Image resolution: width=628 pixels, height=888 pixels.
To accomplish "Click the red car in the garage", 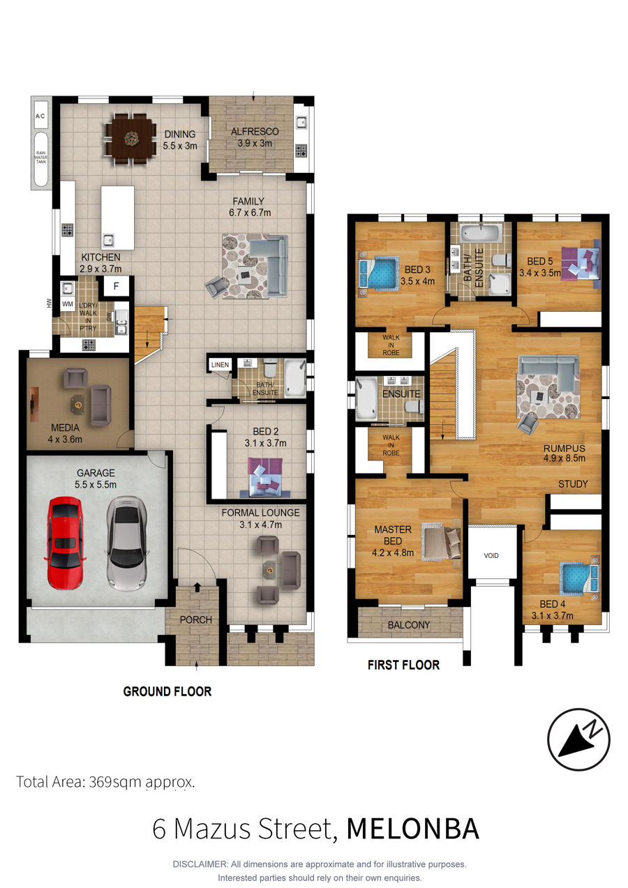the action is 66,542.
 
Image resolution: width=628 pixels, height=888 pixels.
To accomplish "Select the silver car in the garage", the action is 126,543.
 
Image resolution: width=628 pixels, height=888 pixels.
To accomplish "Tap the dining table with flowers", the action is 130,138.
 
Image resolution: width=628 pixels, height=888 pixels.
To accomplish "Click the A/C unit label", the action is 40,116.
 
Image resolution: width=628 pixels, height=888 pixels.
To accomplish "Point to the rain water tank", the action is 41,158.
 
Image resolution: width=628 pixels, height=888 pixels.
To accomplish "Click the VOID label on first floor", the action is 491,555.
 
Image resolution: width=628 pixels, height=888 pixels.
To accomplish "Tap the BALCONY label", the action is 409,625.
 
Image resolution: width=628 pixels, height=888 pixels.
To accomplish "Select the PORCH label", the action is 196,619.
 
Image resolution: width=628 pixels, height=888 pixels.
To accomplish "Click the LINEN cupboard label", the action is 220,365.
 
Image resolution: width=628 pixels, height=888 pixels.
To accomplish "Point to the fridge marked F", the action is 116,286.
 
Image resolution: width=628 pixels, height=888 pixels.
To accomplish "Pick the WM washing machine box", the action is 68,304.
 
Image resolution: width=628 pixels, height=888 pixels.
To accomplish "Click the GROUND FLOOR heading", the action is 167,691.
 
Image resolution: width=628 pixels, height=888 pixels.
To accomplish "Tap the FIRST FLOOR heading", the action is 403,665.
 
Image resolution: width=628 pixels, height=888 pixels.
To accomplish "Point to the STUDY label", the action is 573,483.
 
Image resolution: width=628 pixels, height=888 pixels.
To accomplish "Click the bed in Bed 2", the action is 265,477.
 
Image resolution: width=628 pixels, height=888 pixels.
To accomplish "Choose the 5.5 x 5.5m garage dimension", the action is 96,484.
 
